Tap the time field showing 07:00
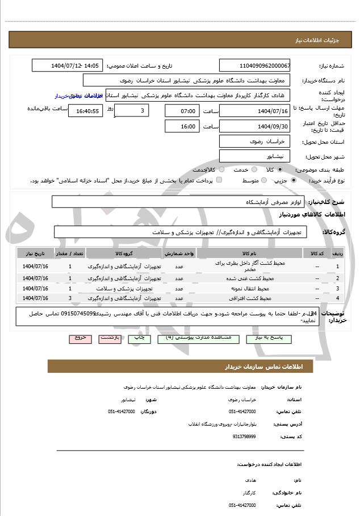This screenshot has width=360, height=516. [x=182, y=110]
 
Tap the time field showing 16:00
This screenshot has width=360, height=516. [x=182, y=126]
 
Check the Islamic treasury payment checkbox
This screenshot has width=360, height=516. [x=219, y=180]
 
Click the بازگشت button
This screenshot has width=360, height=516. [x=109, y=338]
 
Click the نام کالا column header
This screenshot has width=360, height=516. [x=249, y=253]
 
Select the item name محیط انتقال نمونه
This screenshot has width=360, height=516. [x=249, y=289]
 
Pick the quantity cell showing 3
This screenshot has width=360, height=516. [x=70, y=298]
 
